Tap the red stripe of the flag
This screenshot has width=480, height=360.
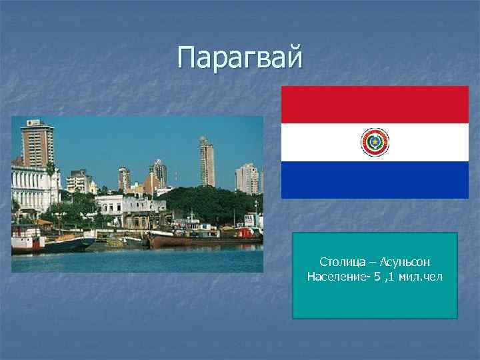[375, 104]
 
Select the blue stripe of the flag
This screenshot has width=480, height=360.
[375, 180]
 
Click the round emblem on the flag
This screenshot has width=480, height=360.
[375, 142]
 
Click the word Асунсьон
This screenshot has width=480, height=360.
[405, 263]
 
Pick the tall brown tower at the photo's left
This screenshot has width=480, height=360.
[37, 145]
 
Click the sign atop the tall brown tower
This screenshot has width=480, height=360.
[33, 123]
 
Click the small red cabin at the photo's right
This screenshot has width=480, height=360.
[245, 233]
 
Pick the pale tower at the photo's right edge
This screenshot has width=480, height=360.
[247, 179]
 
